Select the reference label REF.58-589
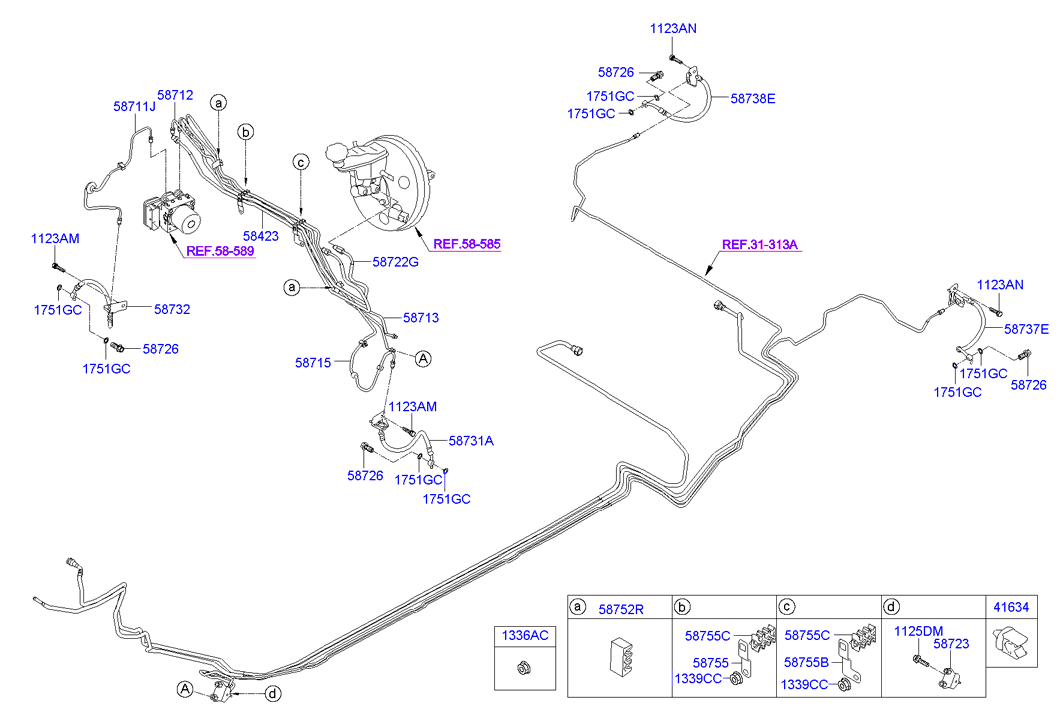pos(220,251)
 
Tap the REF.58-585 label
pos(467,243)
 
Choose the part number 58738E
pos(753,99)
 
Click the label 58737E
pos(1026,329)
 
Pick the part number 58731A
pos(471,439)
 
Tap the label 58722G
pos(395,262)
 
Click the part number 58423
pos(260,235)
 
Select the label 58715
pos(313,362)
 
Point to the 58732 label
pos(171,310)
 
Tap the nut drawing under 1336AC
pos(523,667)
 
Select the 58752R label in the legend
pos(621,608)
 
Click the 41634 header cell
pos(1008,606)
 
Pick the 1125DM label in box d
pos(918,631)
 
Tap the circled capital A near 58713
pos(423,358)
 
